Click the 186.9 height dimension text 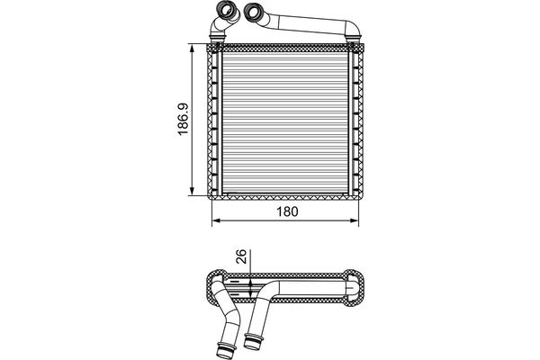tap(184, 119)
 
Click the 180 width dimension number tap(287, 211)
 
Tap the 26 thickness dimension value tap(242, 256)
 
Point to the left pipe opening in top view tap(226, 9)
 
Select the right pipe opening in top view tap(254, 12)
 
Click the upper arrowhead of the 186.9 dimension tap(193, 48)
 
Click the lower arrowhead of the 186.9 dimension tap(193, 191)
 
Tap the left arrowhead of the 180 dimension tap(216, 220)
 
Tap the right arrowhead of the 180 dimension tap(355, 220)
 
